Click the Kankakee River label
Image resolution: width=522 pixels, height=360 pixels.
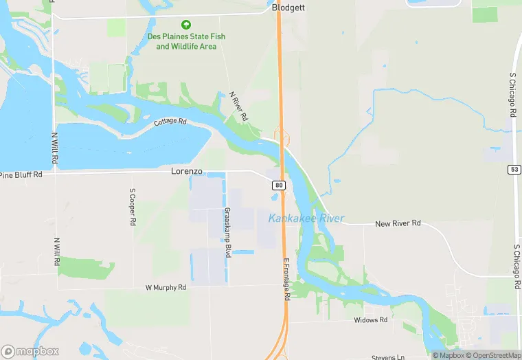click(306, 218)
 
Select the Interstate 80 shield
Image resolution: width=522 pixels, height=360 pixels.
click(278, 185)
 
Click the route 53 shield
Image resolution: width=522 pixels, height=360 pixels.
click(514, 169)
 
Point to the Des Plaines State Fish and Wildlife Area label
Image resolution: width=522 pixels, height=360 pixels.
click(186, 41)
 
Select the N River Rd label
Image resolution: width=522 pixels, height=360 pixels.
click(238, 107)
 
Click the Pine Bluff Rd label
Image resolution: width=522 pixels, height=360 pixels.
click(21, 175)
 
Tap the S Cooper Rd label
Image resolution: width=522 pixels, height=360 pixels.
click(133, 207)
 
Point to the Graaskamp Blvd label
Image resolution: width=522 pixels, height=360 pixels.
click(225, 233)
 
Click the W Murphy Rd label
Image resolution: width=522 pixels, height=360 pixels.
click(166, 287)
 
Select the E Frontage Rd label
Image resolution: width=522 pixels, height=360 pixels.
click(286, 279)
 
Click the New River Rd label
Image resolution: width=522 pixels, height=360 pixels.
click(398, 224)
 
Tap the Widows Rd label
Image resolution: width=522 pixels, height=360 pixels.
click(371, 320)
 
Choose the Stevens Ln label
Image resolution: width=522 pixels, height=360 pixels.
click(389, 357)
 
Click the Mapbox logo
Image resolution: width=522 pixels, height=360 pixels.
click(30, 351)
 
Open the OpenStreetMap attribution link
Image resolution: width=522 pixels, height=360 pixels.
click(493, 355)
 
